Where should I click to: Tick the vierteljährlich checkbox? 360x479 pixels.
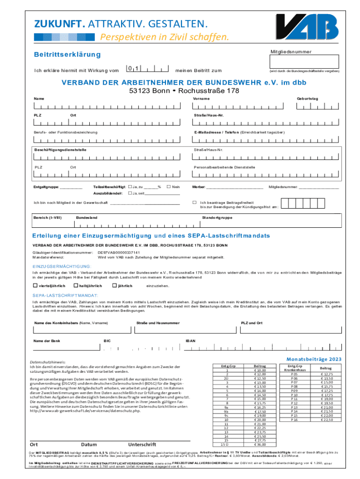point(35,285)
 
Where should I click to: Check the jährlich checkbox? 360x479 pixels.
point(115,285)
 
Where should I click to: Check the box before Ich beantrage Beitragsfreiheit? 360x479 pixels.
point(194,203)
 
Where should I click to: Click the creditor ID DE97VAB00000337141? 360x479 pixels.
point(118,253)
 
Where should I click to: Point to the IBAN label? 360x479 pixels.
point(190,341)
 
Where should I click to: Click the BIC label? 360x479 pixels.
point(107,341)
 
